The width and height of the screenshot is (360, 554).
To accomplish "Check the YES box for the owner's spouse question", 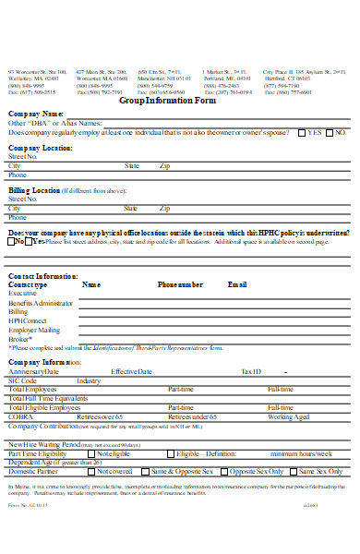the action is [x=303, y=133].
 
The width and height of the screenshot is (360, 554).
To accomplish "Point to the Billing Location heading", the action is [x=34, y=189].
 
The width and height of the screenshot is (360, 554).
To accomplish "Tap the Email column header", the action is [x=237, y=285].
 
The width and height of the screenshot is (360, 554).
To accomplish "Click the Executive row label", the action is [x=23, y=293].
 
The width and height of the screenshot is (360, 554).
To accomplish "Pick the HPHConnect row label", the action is [x=28, y=320].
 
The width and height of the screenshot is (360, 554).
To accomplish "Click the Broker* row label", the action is [x=20, y=339].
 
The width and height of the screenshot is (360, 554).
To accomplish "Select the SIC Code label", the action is [x=23, y=380].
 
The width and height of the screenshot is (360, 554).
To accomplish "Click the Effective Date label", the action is [x=132, y=371].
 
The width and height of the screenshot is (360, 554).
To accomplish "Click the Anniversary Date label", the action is [x=35, y=371].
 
